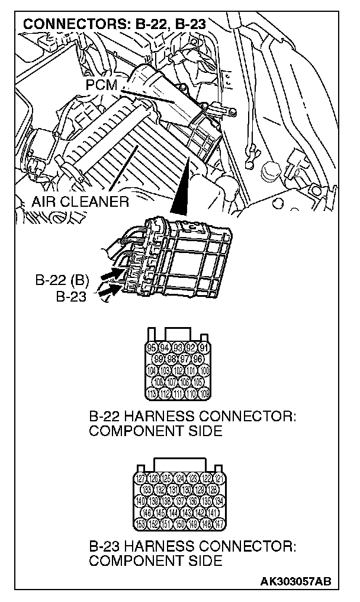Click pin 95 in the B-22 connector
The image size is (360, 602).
pos(152,348)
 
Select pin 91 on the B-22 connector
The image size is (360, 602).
pos(203,348)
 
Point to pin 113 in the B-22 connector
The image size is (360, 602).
pos(152,392)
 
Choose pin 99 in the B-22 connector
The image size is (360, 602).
pos(158,359)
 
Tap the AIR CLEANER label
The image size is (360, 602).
pos(81,201)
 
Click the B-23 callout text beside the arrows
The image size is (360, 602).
pos(71,296)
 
